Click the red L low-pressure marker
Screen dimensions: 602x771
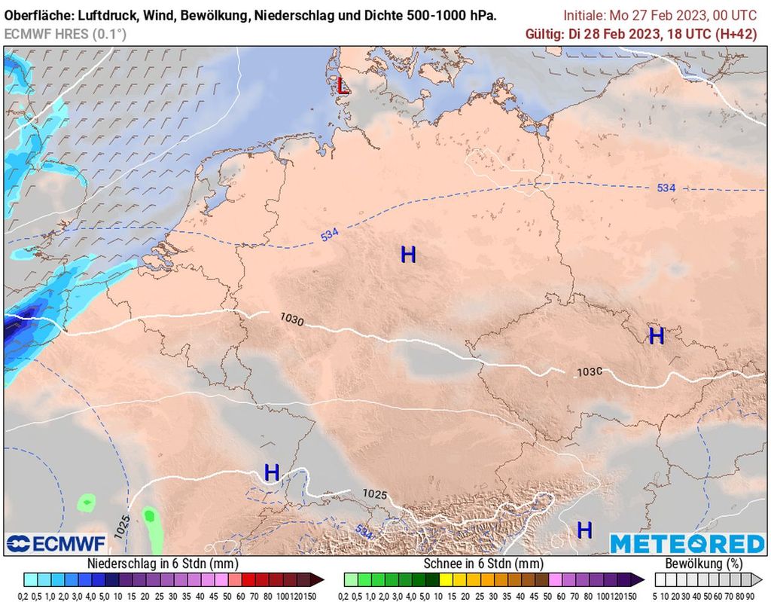click(x=343, y=85)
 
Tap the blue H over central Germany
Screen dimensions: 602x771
click(x=408, y=255)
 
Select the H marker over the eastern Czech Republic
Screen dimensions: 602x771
click(x=657, y=336)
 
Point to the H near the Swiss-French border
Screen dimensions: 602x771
click(x=272, y=473)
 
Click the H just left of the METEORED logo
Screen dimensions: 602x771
click(x=584, y=530)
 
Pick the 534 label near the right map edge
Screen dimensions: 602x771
click(x=666, y=188)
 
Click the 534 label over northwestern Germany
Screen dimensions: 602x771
click(x=329, y=235)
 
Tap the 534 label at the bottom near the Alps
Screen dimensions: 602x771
click(x=364, y=532)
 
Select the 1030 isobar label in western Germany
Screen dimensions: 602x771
click(x=291, y=320)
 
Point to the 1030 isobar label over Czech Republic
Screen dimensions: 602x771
click(x=590, y=372)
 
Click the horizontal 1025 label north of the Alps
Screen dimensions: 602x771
click(x=375, y=494)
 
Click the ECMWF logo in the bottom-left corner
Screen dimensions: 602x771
click(x=46, y=544)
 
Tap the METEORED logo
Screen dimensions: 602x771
click(x=687, y=544)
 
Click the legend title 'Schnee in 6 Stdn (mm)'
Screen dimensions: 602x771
click(x=483, y=564)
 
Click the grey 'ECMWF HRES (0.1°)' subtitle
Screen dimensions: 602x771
click(x=66, y=33)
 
